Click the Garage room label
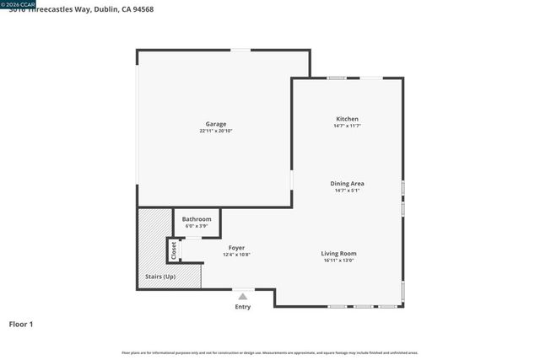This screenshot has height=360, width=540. click(216, 124)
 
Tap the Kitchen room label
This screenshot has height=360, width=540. click(348, 119)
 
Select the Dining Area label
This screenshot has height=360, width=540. click(347, 183)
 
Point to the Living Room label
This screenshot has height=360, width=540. click(338, 253)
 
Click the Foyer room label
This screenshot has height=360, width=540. click(236, 248)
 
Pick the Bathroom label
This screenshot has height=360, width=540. click(197, 219)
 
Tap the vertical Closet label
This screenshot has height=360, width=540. click(175, 250)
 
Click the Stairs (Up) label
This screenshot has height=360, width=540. click(160, 277)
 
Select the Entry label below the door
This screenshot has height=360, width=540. click(243, 307)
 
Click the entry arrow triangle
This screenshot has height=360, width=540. click(243, 296)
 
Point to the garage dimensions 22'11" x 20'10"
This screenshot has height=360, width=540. click(216, 131)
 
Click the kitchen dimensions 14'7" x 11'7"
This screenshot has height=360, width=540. click(348, 126)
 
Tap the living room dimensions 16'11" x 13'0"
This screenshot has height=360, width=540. click(338, 260)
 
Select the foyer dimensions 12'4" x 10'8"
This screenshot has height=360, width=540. click(236, 255)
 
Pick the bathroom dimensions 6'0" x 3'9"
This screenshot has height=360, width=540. click(197, 226)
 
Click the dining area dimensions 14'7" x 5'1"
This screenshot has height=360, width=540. click(347, 190)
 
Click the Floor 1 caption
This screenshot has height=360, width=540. click(21, 324)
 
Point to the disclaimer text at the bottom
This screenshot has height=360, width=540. click(270, 352)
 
